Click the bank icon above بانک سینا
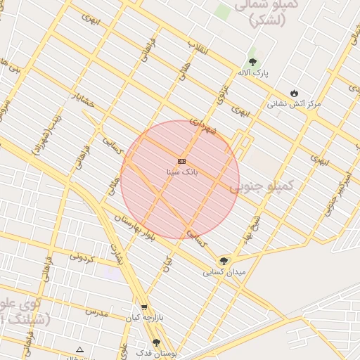[x=181, y=161]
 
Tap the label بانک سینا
[x=181, y=172]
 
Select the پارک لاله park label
[x=252, y=72]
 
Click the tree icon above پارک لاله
[x=252, y=62]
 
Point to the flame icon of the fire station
[x=294, y=94]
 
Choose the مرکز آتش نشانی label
[x=293, y=104]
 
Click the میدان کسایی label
[x=224, y=271]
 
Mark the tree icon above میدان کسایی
[x=224, y=261]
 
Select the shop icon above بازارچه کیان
[x=144, y=307]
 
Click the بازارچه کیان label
[x=143, y=318]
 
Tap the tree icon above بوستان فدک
[x=157, y=342]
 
